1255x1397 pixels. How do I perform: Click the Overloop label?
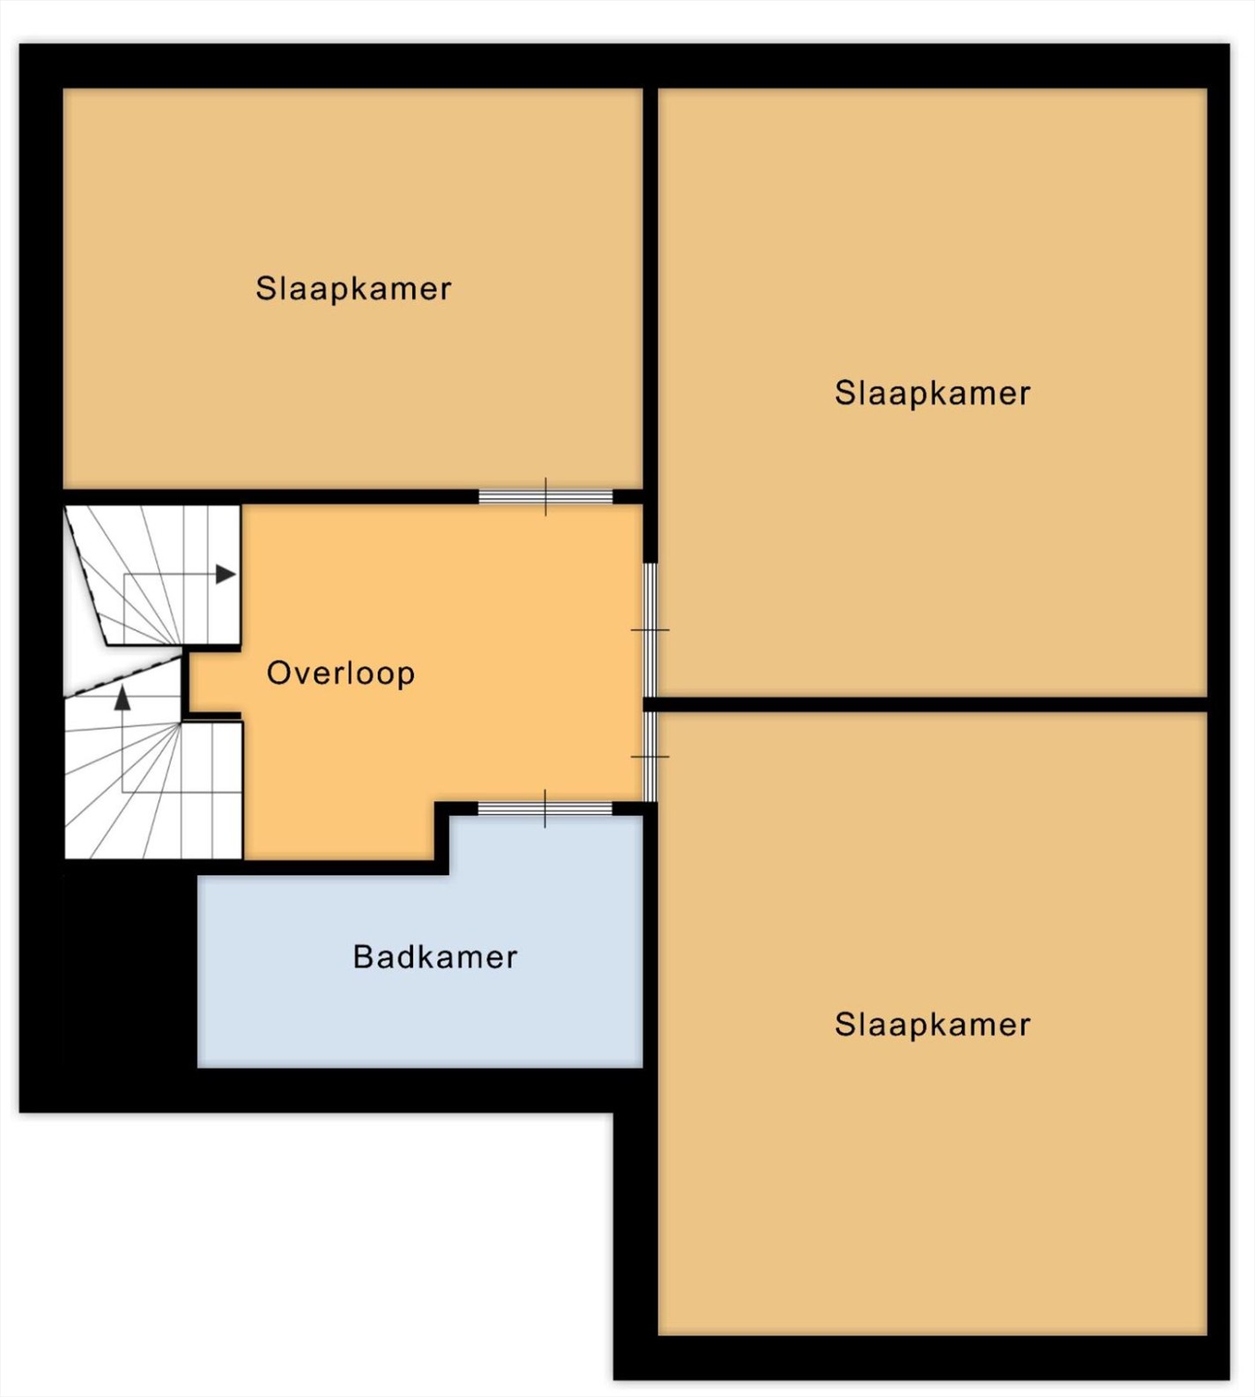tap(340, 673)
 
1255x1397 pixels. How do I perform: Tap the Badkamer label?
tap(435, 957)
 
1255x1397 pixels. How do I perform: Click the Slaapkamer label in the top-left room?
tap(353, 289)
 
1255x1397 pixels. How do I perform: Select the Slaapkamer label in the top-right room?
tap(933, 393)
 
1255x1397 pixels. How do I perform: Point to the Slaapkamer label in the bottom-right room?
tap(933, 1025)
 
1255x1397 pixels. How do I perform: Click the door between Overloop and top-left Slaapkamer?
tap(545, 496)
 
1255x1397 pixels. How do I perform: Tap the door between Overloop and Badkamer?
tap(545, 809)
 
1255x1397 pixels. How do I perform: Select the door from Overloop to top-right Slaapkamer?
tap(650, 629)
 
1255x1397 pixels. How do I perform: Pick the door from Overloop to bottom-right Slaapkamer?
tap(650, 756)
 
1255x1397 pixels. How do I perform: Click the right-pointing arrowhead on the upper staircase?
tap(226, 575)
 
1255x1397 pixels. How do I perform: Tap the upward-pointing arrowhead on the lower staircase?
tap(122, 699)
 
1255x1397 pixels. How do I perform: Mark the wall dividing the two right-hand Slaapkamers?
tap(925, 704)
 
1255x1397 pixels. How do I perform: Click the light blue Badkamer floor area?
tap(420, 968)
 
